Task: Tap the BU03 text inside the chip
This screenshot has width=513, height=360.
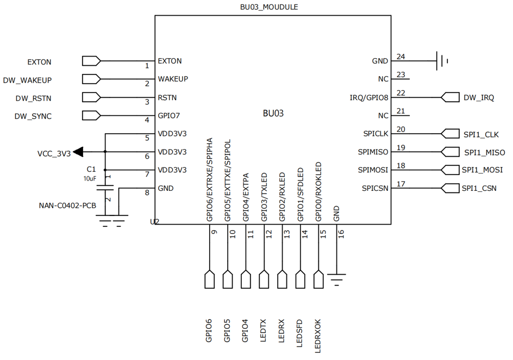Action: pos(273,114)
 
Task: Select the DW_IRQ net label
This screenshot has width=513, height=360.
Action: pos(478,98)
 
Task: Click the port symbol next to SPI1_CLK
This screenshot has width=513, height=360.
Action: pos(451,133)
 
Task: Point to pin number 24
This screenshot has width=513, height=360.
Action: pos(401,57)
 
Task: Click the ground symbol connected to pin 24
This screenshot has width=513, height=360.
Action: pos(441,61)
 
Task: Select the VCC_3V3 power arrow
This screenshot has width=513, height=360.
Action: pos(78,152)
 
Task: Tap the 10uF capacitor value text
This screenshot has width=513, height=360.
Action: pos(90,178)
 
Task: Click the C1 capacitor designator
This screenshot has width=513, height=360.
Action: pos(91,170)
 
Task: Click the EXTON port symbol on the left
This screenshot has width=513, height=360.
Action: pos(91,61)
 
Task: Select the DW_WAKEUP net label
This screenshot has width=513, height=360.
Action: pos(27,80)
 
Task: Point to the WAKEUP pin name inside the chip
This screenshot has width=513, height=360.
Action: pos(173,79)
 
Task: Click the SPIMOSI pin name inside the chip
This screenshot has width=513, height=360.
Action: pos(373,170)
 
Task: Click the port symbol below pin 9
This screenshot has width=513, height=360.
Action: pos(210,280)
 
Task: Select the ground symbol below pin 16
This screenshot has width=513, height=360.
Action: pos(337,280)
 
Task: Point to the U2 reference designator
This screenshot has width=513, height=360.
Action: pos(154,222)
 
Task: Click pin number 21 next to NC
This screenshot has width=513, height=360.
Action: pos(401,111)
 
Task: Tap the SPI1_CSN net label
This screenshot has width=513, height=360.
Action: pos(479,189)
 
